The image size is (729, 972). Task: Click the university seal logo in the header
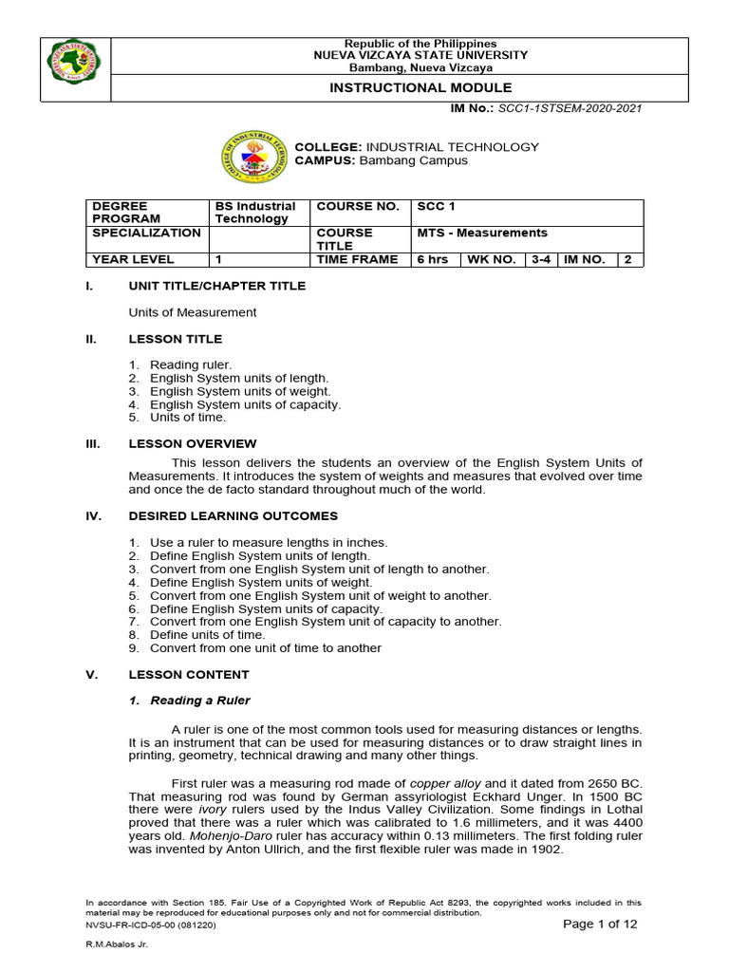point(76,68)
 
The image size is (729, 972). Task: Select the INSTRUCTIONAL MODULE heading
point(407,87)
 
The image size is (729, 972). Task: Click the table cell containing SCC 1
point(437,206)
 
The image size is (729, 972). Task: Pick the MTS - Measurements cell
point(482,233)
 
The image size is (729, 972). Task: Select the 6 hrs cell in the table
point(433,259)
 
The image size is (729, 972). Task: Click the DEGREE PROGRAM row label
point(123,213)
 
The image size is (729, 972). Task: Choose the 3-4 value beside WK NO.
point(540,259)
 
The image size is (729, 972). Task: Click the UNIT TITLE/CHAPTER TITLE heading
point(217,286)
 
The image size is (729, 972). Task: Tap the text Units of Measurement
point(193,312)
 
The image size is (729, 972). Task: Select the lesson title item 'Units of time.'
point(188,417)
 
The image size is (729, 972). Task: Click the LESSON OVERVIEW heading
point(193,443)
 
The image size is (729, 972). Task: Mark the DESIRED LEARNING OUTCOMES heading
point(233,515)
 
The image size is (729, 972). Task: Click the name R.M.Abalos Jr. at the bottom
point(118,944)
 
